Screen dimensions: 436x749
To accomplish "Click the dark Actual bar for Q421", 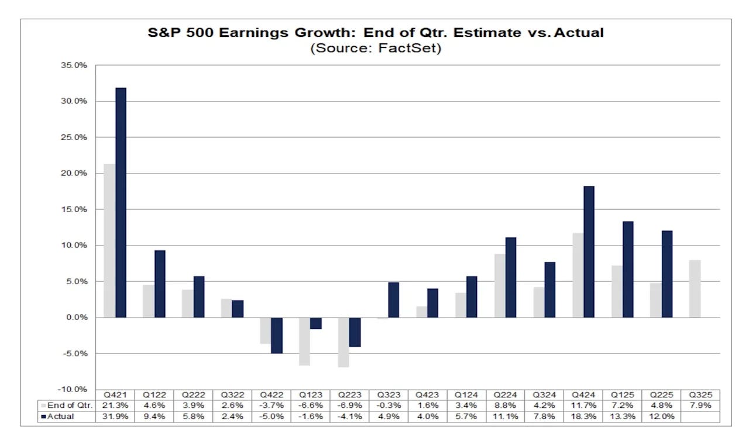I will pos(121,202).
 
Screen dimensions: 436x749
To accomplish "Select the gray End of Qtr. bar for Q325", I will pos(695,288).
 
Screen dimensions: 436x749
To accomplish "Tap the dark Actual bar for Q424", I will pos(589,251).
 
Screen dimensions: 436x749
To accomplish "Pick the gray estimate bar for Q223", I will pos(343,342).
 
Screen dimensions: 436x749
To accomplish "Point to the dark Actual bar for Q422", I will pos(277,335).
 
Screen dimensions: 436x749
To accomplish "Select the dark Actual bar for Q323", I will pos(394,299).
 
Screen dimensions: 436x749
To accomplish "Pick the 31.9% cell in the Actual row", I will pos(115,417).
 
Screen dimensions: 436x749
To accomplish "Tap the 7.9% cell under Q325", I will pos(700,406).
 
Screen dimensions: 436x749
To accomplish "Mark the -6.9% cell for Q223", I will pos(349,406).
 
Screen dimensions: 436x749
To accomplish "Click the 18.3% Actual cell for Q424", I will pos(583,417).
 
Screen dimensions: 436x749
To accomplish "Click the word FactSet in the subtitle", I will pos(411,48).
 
